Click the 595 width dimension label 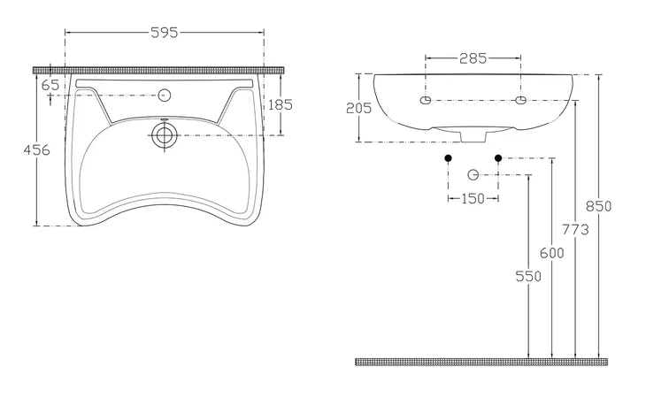coord(165,33)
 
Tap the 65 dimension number coord(50,84)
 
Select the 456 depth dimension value coord(35,149)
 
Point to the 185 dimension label coord(280,104)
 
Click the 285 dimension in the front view coord(473,60)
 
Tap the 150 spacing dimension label coord(473,198)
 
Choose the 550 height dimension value coord(527,276)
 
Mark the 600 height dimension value coord(551,254)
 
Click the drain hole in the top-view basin coord(165,134)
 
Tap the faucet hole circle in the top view coord(165,94)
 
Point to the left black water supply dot coord(449,158)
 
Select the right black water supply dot coord(498,158)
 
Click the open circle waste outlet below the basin coord(473,174)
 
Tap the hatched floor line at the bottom coord(482,362)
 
